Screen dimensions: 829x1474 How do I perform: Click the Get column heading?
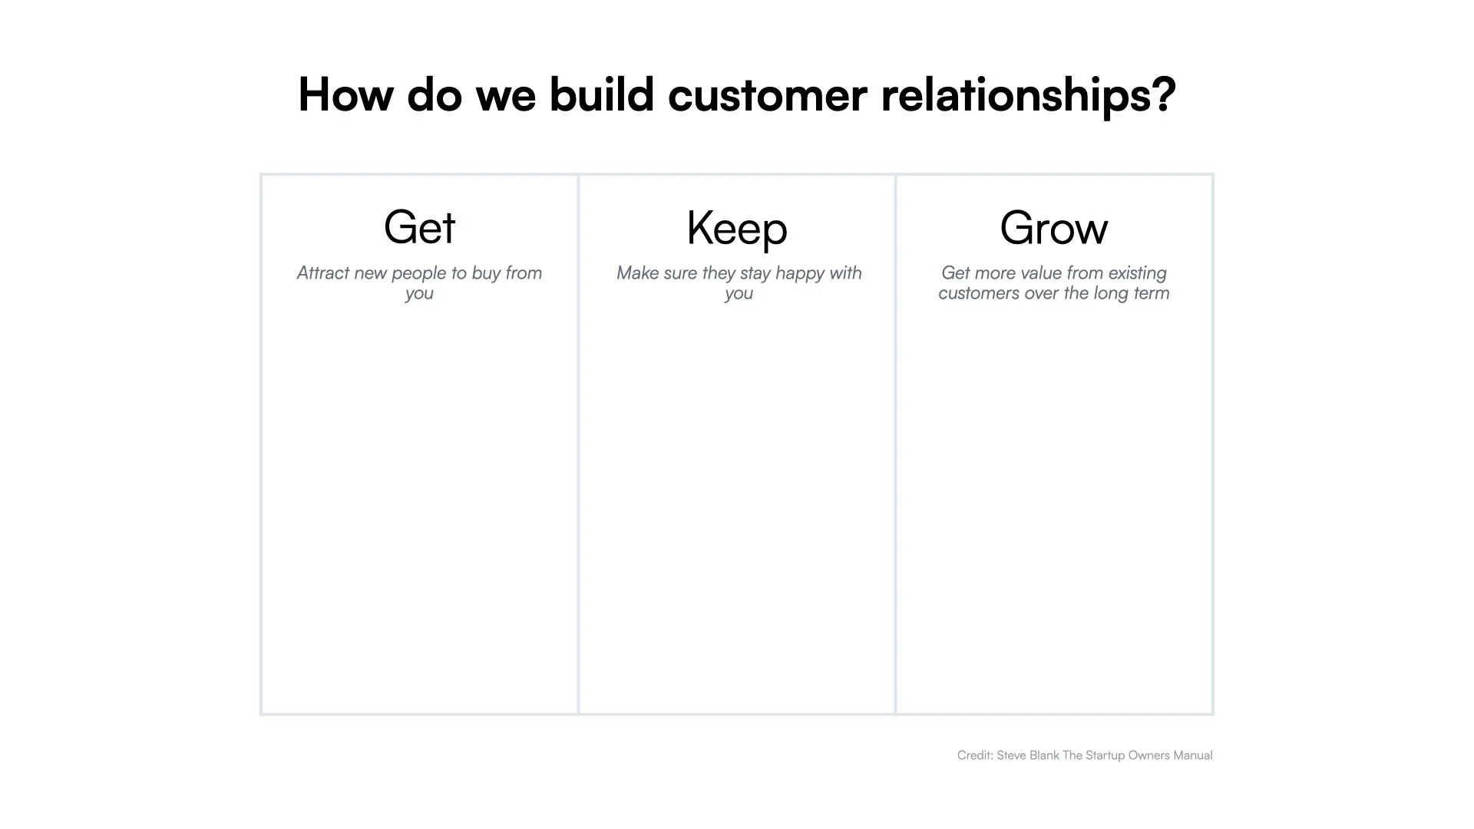(x=419, y=227)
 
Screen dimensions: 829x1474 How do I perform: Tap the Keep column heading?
(x=737, y=228)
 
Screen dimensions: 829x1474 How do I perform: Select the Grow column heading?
(x=1053, y=228)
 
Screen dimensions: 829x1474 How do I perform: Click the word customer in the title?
(x=768, y=95)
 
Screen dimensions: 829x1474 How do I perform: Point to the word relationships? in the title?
(x=1028, y=95)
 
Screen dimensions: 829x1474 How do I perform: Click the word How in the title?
(x=345, y=95)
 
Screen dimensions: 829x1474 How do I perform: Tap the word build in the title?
(x=601, y=95)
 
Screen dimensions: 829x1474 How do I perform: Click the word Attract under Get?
(x=323, y=273)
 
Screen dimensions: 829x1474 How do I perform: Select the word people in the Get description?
(x=420, y=273)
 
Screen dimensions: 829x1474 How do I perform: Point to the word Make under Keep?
(x=636, y=273)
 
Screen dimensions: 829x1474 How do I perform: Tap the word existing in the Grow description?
(x=1137, y=273)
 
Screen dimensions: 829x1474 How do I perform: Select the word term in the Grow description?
(x=1152, y=293)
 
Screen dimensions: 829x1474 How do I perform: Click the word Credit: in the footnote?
(x=975, y=755)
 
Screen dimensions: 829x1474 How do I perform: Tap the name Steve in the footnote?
(x=1011, y=755)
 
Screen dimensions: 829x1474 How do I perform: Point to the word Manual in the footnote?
(x=1193, y=755)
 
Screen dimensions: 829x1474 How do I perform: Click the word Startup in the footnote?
(x=1105, y=755)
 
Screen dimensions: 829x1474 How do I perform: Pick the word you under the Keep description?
(x=739, y=294)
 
